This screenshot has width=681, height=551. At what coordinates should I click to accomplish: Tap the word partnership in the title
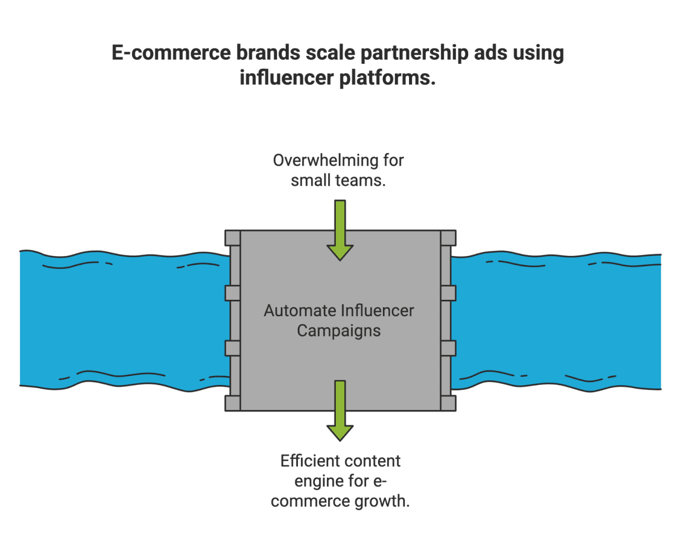click(414, 53)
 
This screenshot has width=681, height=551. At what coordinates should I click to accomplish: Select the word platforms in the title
click(386, 78)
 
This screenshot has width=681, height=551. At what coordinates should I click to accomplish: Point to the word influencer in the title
click(286, 78)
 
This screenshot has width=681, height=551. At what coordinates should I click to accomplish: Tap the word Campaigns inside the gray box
click(339, 331)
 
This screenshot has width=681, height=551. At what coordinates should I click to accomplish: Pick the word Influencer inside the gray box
click(377, 311)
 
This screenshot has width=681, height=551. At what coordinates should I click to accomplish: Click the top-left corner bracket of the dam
click(232, 238)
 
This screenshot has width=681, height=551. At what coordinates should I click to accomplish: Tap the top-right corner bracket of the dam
click(448, 238)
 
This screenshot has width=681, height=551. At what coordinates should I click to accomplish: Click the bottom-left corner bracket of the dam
click(232, 403)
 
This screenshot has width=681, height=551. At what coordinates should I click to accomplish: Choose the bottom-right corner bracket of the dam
click(448, 403)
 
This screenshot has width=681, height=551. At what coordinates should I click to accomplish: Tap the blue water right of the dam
click(558, 322)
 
